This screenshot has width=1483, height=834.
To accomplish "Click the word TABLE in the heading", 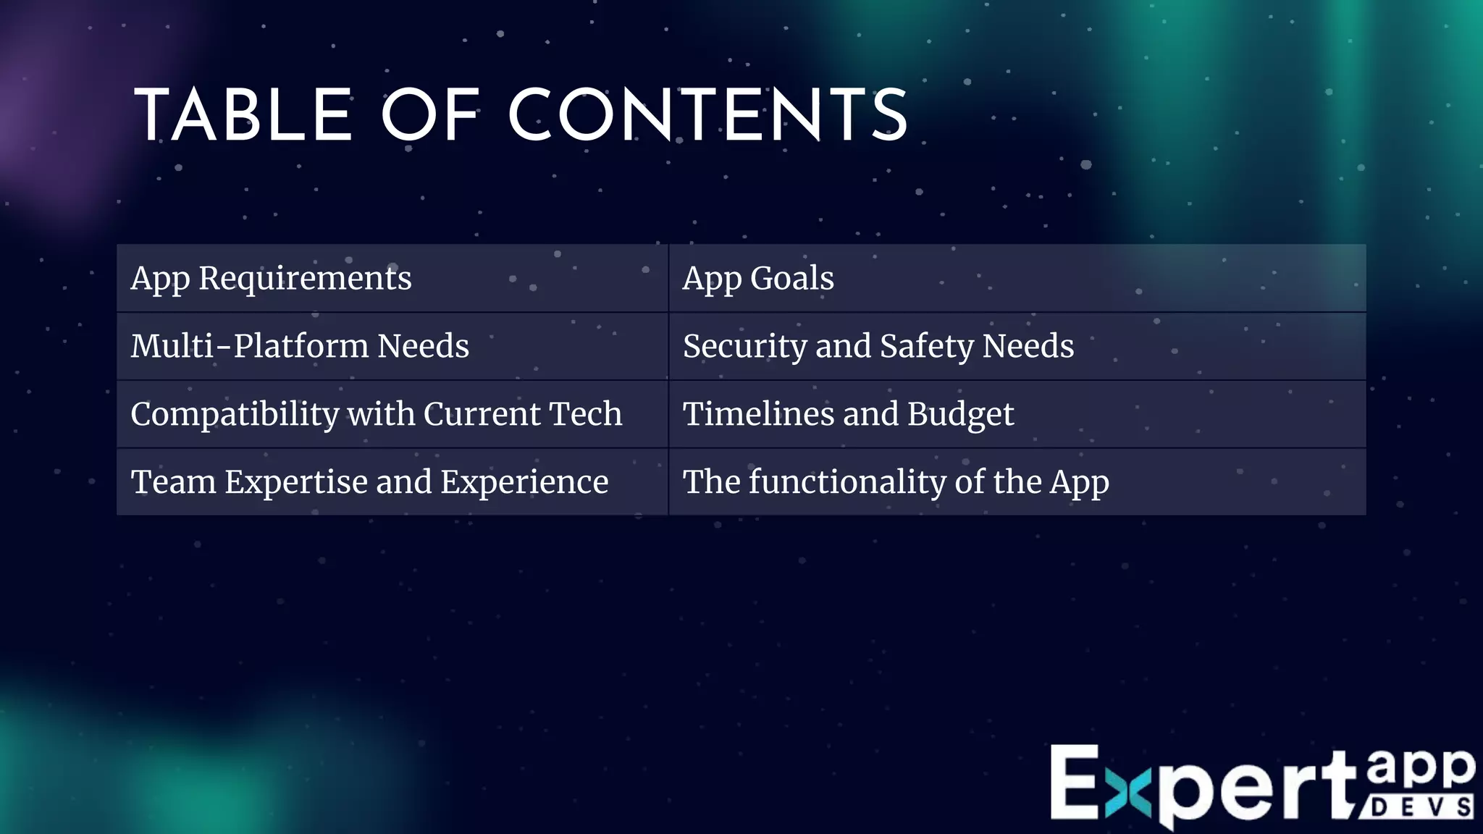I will pyautogui.click(x=243, y=116).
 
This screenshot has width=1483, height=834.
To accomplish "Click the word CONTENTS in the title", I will pyautogui.click(x=708, y=116).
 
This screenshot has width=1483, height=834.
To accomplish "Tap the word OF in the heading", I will pyautogui.click(x=430, y=116).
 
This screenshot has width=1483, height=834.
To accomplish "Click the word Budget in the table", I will pyautogui.click(x=960, y=415).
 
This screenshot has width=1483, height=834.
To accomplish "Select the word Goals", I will pyautogui.click(x=791, y=279).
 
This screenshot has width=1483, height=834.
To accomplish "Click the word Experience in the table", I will pyautogui.click(x=524, y=482).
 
